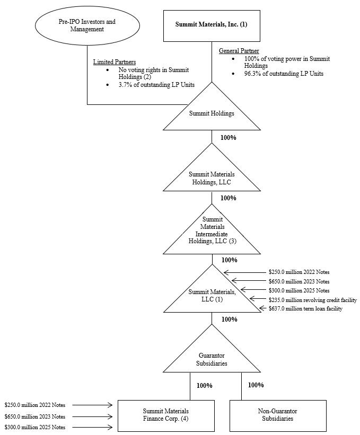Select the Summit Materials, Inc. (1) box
(x=212, y=24)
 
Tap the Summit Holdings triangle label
(x=212, y=113)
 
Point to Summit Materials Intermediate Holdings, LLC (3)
(x=212, y=229)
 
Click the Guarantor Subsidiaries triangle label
(x=212, y=360)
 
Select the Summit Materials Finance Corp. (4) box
(x=166, y=415)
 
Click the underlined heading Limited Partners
(x=115, y=62)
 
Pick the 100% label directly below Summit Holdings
(x=229, y=137)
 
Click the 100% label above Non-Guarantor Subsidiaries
(x=256, y=385)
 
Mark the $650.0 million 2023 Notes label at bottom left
(x=35, y=416)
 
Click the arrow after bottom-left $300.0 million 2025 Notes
(x=92, y=427)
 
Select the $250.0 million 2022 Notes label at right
(x=300, y=272)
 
